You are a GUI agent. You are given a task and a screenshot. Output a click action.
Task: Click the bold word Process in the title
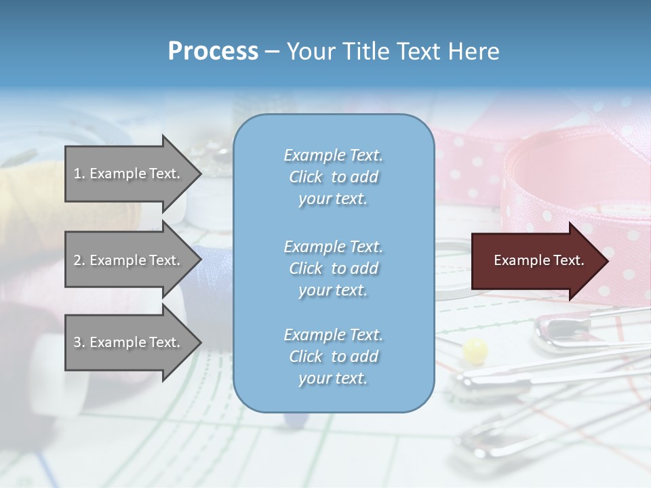click(x=213, y=52)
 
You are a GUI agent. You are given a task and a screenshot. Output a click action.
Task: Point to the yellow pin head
click(x=475, y=350)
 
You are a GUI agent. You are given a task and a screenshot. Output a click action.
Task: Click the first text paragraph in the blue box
click(x=333, y=177)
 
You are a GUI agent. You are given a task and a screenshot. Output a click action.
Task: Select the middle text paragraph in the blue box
click(x=333, y=268)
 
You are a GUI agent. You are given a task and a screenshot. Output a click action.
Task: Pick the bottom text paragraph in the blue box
click(x=333, y=357)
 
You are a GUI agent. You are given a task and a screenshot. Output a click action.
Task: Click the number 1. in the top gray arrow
click(x=79, y=174)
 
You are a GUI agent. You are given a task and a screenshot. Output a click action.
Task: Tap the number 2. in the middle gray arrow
click(x=79, y=260)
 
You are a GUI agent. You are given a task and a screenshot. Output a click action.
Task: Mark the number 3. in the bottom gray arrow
click(x=79, y=342)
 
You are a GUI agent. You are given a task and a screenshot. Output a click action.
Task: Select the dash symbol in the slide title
click(x=273, y=52)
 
